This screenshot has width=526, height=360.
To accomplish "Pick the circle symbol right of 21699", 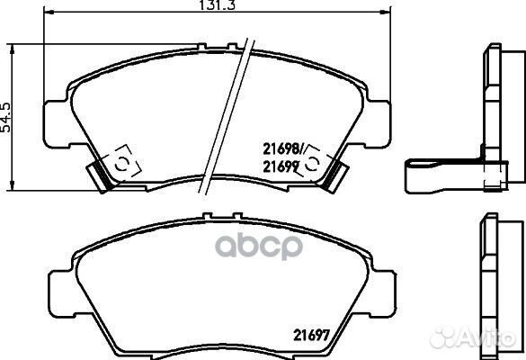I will click(x=313, y=163).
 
